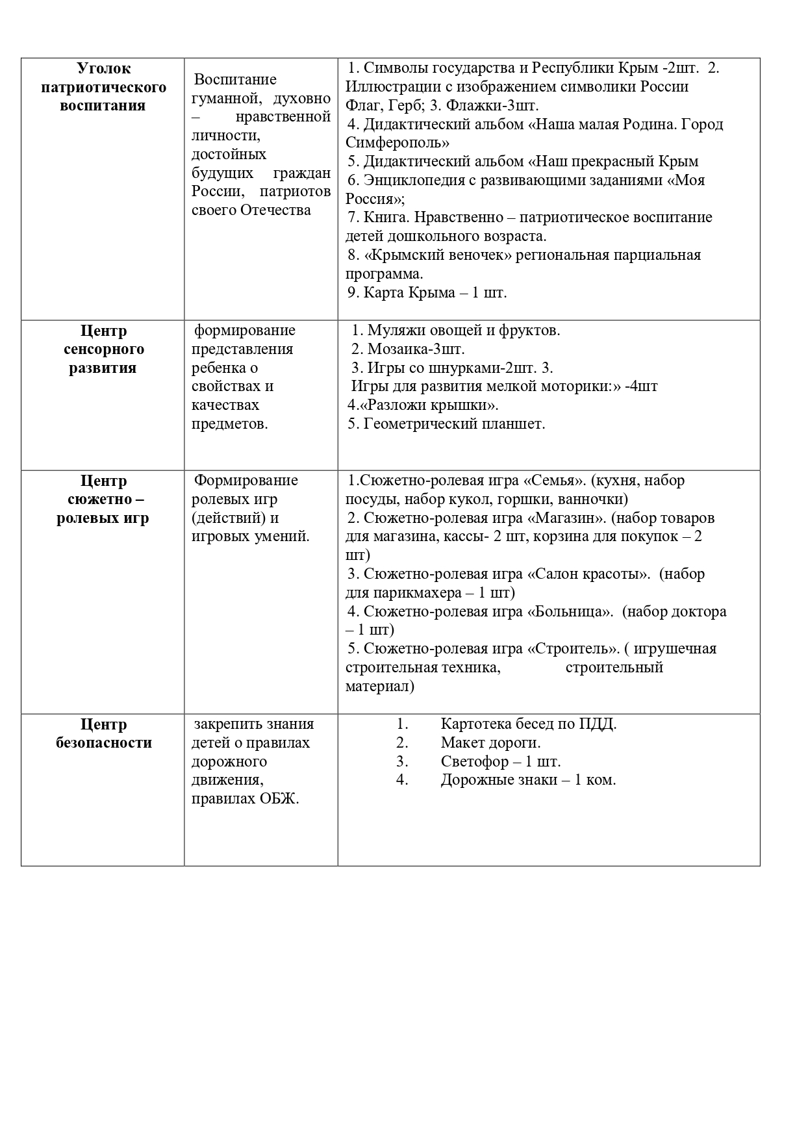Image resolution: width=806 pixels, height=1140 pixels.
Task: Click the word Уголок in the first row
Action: point(103,68)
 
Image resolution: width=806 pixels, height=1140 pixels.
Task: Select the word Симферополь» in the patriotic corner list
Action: point(397,143)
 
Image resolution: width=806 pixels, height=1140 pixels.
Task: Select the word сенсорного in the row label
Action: point(103,349)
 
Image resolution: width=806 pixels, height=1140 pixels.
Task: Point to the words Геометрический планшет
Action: point(454,424)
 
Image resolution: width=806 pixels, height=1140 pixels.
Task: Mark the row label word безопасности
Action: point(103,743)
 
